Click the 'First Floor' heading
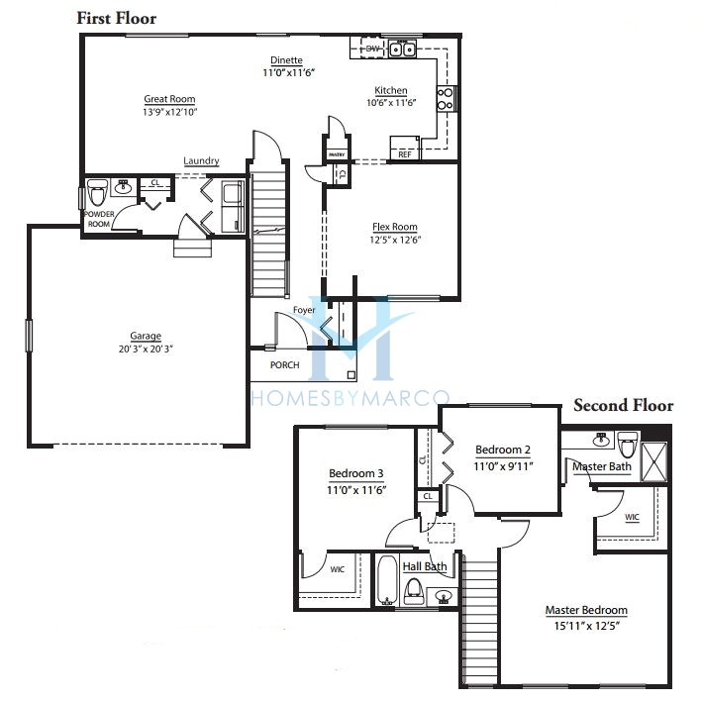click(x=116, y=18)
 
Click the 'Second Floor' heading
click(x=623, y=405)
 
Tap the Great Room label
click(x=169, y=99)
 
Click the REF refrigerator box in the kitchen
click(x=404, y=154)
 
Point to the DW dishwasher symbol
click(x=372, y=49)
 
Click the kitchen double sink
click(x=403, y=49)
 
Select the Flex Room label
click(x=394, y=227)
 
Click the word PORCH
click(x=284, y=364)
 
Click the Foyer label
click(x=303, y=311)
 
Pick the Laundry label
click(x=201, y=161)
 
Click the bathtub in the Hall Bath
click(x=386, y=578)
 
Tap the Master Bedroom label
click(x=586, y=610)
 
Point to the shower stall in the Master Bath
click(x=654, y=460)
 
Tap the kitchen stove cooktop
click(x=446, y=97)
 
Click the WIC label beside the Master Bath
click(x=632, y=516)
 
